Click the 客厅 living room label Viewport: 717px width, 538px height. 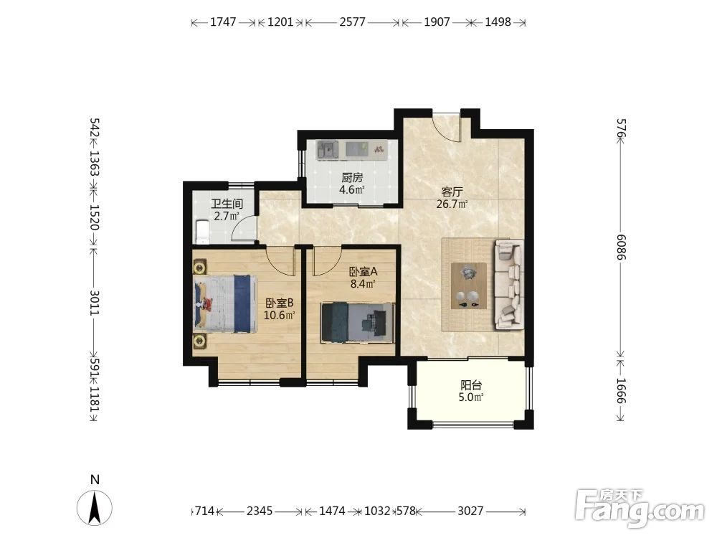[x=452, y=192]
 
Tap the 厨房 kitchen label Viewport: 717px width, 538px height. [x=351, y=177]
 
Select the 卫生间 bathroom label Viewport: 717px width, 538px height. [x=227, y=204]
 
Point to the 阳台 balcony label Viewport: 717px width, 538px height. [x=471, y=385]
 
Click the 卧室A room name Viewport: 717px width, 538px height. [x=363, y=272]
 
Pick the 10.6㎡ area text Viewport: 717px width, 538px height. [x=279, y=315]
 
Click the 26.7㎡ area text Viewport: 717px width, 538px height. [x=452, y=204]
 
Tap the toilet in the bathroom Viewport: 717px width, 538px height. [x=201, y=232]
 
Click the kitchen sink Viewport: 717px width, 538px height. [x=328, y=150]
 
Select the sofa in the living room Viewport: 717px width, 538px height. [x=508, y=284]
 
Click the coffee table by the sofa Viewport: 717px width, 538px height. [x=469, y=286]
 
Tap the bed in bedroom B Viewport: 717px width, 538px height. [x=224, y=303]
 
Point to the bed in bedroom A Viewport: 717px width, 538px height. [x=356, y=322]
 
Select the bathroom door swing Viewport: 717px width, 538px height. [x=243, y=227]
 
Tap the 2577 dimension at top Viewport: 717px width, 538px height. [x=352, y=22]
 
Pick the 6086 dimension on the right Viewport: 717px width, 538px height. [x=620, y=247]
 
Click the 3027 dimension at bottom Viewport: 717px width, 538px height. [x=470, y=511]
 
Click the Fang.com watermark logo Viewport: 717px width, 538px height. [x=640, y=507]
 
